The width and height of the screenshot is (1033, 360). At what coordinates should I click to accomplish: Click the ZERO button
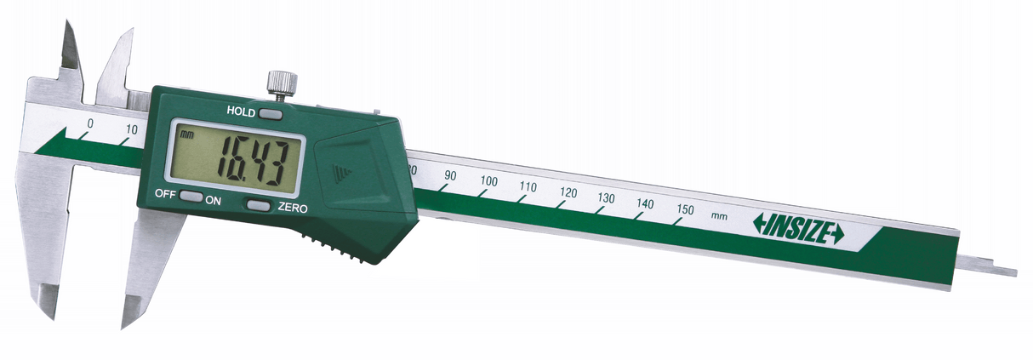258,205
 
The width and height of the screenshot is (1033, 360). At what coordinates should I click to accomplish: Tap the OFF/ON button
191,197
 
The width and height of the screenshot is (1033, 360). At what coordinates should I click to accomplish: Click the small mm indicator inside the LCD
187,134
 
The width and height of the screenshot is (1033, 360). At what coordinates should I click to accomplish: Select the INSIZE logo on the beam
798,229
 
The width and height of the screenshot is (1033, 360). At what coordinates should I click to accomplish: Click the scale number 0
90,123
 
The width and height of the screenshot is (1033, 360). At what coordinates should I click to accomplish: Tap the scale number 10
131,129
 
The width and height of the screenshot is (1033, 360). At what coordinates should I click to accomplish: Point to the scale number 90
450,176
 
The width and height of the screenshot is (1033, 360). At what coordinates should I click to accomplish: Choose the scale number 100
488,181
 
